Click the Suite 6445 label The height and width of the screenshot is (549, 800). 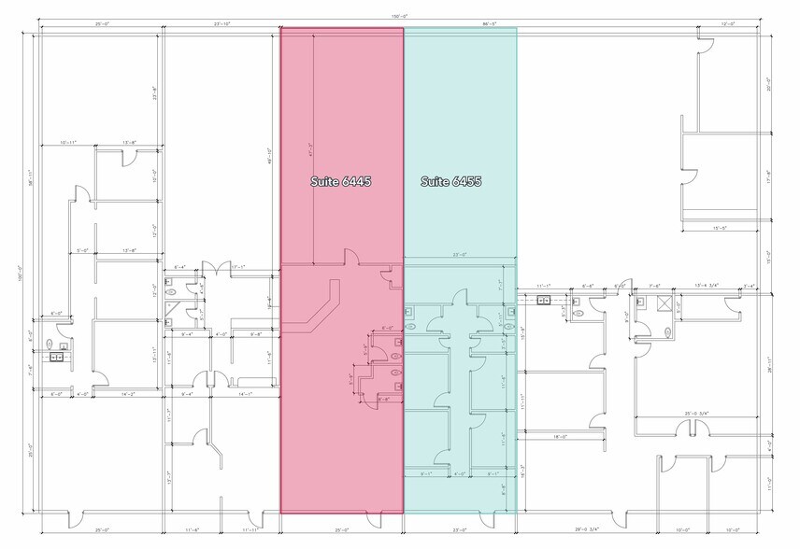click(x=341, y=182)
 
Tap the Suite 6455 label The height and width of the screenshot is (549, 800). click(x=450, y=182)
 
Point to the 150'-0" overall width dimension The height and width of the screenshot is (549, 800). click(x=400, y=17)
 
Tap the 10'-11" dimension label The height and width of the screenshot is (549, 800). click(x=68, y=142)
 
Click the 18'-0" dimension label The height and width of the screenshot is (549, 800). click(x=559, y=435)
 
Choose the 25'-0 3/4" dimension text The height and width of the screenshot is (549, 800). click(x=696, y=413)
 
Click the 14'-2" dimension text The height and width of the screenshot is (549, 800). click(x=127, y=394)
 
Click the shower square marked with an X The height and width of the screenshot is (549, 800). click(x=665, y=303)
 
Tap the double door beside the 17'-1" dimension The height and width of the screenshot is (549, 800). click(x=217, y=270)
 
